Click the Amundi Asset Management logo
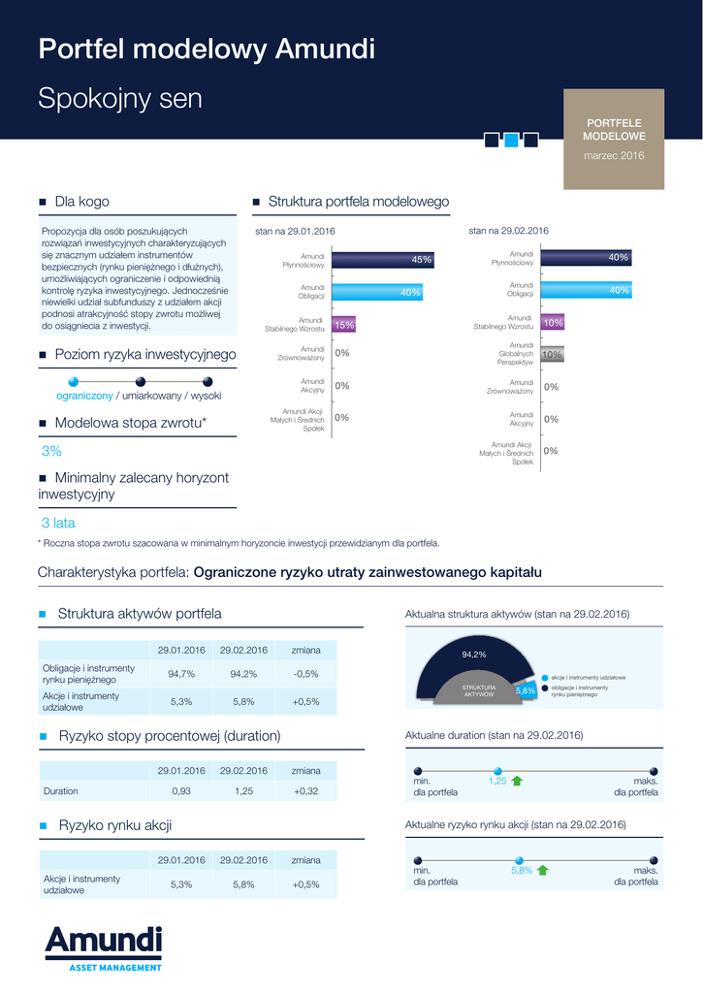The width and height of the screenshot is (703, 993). pos(103,947)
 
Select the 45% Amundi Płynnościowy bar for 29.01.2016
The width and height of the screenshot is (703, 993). pos(382,260)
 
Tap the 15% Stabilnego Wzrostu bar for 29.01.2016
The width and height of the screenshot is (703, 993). pos(343,326)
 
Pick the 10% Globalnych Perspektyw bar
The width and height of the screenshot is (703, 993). pos(552,355)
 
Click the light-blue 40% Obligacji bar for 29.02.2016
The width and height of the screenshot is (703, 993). pos(586,290)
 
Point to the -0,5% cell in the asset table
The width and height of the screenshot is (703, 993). pos(305,674)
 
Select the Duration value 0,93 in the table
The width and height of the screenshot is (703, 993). pos(181,791)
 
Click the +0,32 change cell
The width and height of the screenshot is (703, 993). pos(305,791)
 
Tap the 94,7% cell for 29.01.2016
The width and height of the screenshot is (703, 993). pos(181,674)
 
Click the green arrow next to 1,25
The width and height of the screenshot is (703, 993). pos(517,781)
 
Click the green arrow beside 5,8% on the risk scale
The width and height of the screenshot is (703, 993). pos(543,870)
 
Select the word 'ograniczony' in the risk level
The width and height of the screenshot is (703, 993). pos(84,396)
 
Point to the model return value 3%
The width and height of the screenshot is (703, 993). pos(51,451)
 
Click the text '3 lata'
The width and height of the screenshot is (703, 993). pos(57,523)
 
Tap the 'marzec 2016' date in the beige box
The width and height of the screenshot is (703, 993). pos(613,155)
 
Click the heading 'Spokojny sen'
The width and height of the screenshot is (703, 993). pos(120,99)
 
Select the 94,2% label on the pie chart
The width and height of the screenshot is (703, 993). pos(473,655)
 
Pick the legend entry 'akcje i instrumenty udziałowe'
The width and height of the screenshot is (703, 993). pos(588,677)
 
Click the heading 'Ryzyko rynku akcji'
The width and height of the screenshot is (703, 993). pos(115,825)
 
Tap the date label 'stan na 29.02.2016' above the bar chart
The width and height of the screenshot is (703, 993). pos(508,231)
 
